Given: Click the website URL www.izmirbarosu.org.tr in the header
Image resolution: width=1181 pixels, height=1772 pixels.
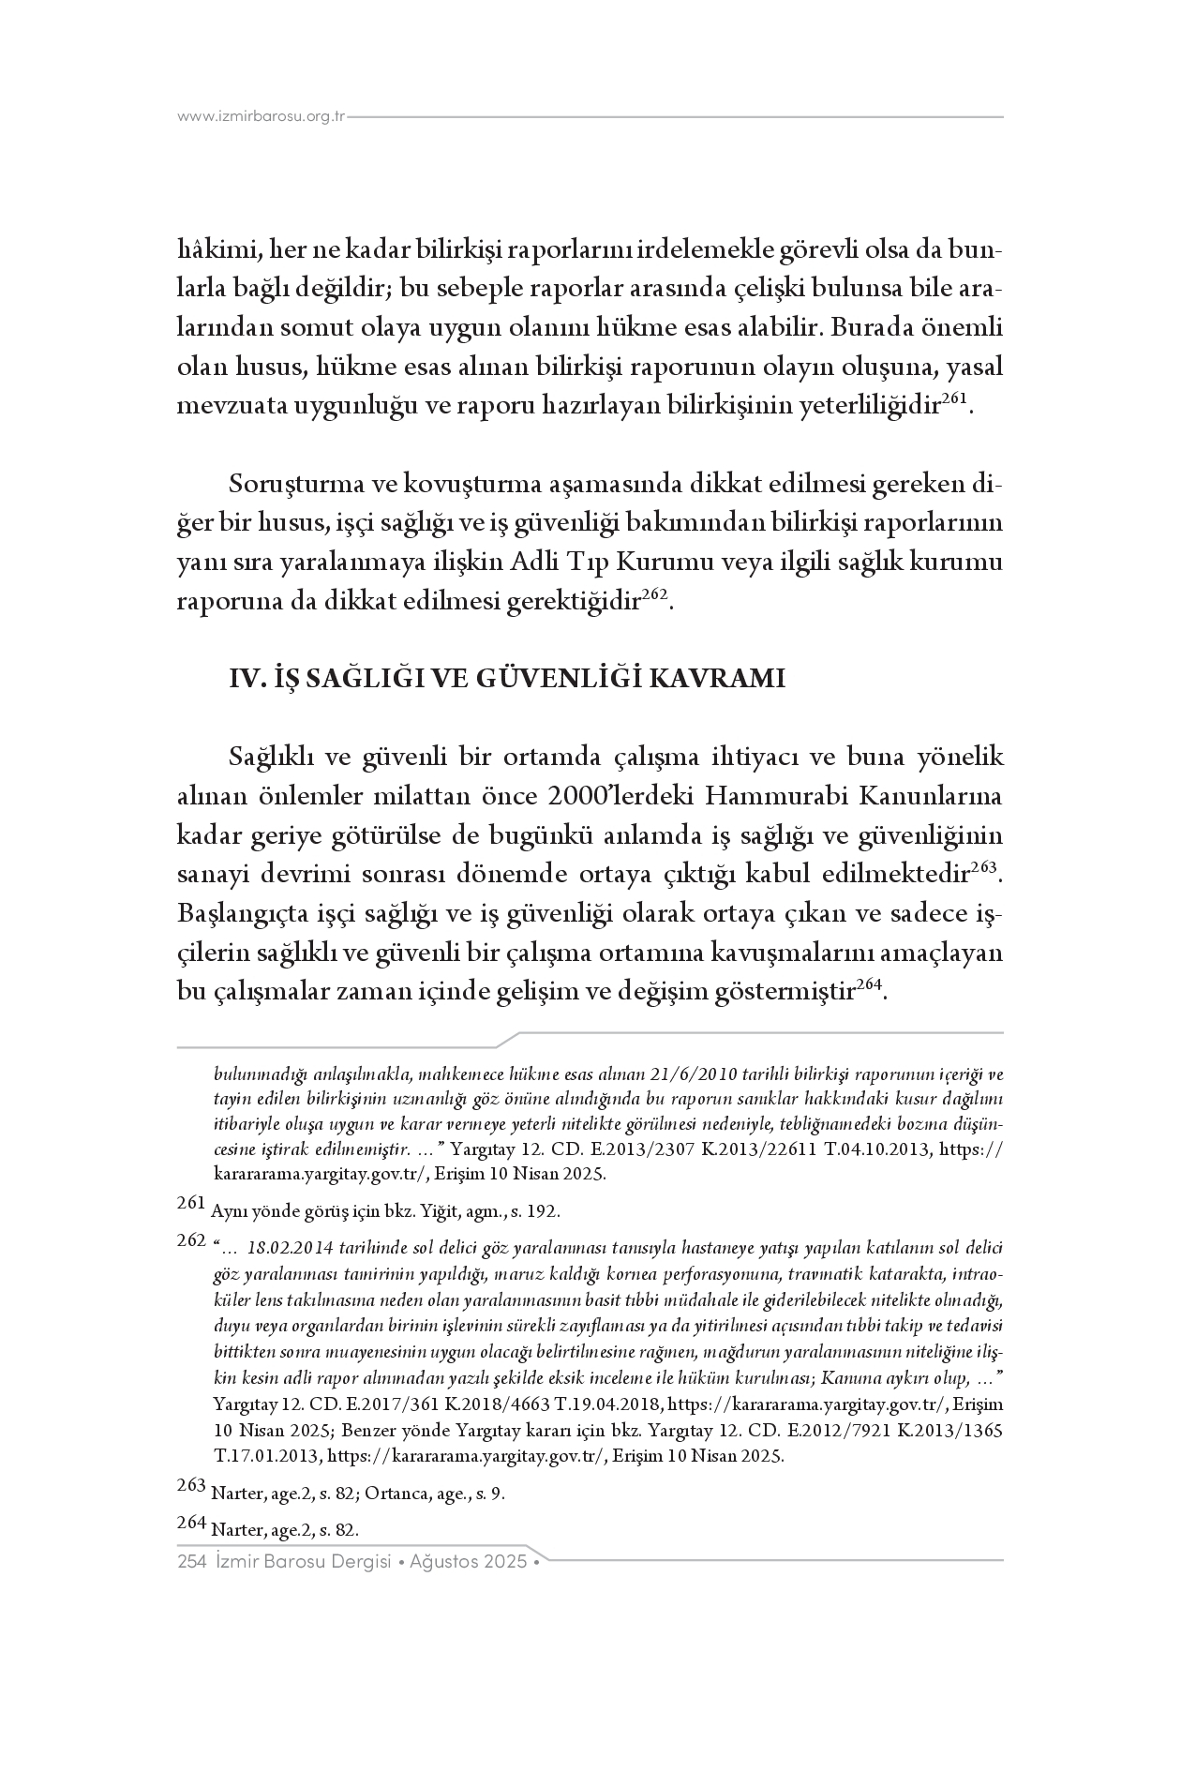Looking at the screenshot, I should click(x=262, y=117).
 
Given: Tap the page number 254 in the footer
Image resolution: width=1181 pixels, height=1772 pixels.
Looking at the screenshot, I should click(x=191, y=1562).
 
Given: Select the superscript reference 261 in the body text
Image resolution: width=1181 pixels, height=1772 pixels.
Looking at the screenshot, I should click(x=953, y=398).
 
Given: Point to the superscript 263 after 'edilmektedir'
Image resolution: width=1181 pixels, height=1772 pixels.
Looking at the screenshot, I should click(x=983, y=865).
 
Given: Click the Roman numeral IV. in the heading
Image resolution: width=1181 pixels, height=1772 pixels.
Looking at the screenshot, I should click(x=247, y=678).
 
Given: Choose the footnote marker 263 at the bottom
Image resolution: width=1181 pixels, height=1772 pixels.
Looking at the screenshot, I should click(x=190, y=1485).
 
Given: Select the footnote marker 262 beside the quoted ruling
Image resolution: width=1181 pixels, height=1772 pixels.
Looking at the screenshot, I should click(x=190, y=1240).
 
